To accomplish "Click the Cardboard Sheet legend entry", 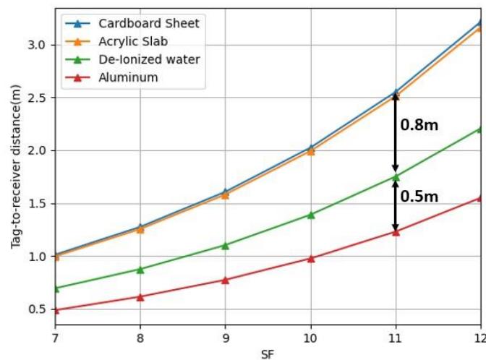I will tap(149, 23).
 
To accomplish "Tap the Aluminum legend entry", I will tap(129, 77).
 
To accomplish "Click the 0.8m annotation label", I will tap(419, 125).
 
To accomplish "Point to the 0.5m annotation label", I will tap(419, 197).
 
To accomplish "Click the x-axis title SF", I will tap(268, 353).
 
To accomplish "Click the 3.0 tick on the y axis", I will tap(37, 45).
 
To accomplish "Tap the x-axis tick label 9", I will tap(225, 338).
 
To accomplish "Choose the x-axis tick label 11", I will tap(396, 338).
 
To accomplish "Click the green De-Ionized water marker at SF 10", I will tap(310, 215).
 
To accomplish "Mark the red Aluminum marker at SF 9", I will tap(225, 280).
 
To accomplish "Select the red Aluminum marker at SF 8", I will tap(140, 296).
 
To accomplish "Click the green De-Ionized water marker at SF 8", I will tap(140, 269).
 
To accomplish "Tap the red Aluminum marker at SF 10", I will tap(310, 258).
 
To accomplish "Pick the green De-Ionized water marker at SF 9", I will tap(225, 246).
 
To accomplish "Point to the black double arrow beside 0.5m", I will tap(395, 205).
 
